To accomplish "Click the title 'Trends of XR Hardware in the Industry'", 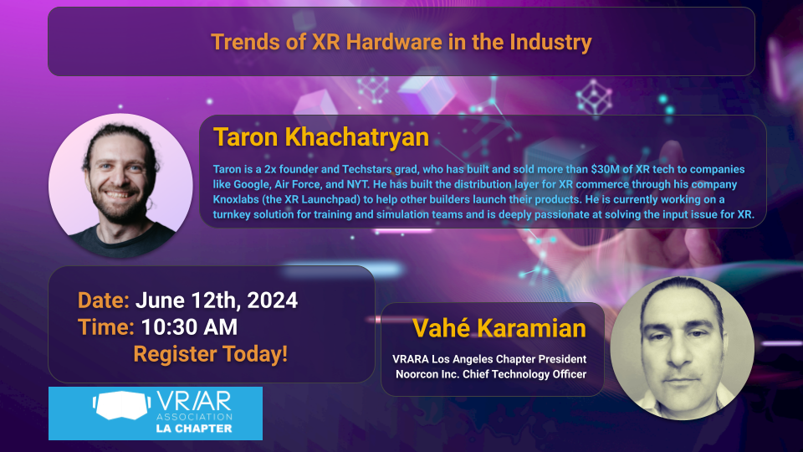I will point(401,42).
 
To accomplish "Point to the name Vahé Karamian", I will point(499,327).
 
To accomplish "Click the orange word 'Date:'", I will point(104,300).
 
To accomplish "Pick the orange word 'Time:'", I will point(106,327).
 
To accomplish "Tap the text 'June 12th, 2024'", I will point(216,300).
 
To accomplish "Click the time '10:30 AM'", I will point(189,327).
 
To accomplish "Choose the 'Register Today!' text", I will point(210,354).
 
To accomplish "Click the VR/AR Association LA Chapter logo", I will point(156,413).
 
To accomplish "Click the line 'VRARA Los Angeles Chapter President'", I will point(495,359).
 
